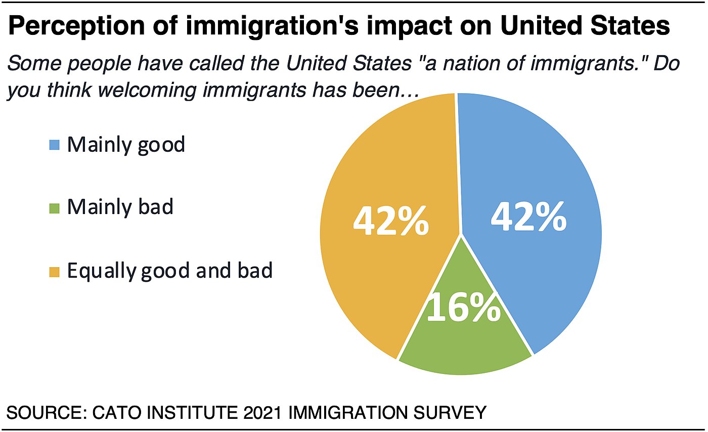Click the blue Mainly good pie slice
546,167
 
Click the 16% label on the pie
464,308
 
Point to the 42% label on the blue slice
529,218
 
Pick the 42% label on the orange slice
391,222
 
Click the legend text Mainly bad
120,207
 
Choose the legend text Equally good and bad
170,271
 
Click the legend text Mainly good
126,145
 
